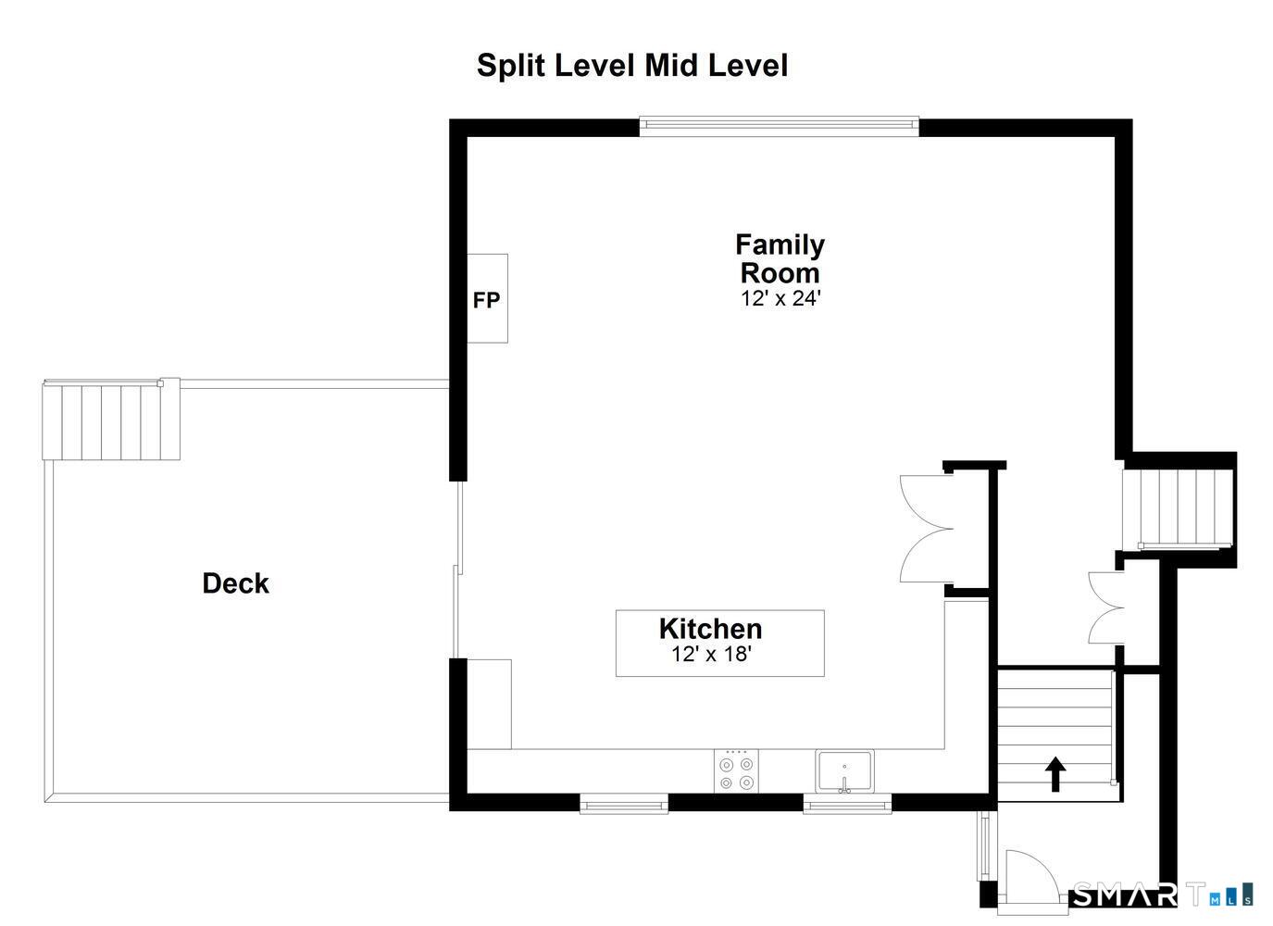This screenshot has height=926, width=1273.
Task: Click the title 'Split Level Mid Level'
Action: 632,66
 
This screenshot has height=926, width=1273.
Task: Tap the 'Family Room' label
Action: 780,258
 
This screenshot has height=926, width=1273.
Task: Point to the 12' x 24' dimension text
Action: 780,298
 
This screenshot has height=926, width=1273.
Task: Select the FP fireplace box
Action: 487,298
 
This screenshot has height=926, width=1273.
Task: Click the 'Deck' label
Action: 235,583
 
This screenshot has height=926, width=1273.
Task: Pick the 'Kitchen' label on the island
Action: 710,629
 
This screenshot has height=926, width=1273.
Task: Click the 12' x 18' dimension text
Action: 712,654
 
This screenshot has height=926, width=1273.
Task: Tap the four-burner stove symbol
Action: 736,770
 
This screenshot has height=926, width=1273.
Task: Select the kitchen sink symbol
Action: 844,771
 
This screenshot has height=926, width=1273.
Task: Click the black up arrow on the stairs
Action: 1055,773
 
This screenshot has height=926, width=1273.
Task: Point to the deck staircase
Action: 111,419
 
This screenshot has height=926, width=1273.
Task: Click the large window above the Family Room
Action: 780,126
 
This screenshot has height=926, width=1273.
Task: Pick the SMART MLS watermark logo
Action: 1162,895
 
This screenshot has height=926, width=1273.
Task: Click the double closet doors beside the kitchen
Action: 927,529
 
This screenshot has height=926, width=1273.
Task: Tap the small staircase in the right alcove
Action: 1178,508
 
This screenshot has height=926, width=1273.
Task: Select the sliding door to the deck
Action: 457,569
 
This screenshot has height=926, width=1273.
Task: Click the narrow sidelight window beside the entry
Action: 983,845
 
